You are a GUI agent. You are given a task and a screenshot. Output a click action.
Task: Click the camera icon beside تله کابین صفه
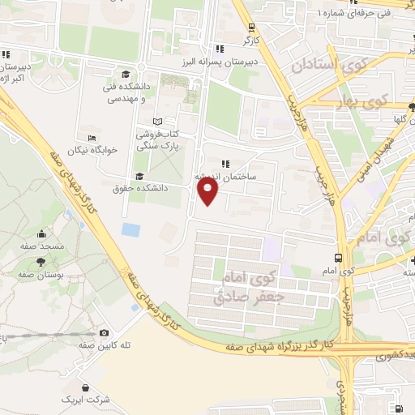pyautogui.click(x=104, y=332)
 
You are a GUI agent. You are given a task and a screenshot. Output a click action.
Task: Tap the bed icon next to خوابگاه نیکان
pyautogui.click(x=90, y=138)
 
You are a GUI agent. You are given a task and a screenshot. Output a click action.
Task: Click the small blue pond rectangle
pyautogui.click(x=130, y=229)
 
